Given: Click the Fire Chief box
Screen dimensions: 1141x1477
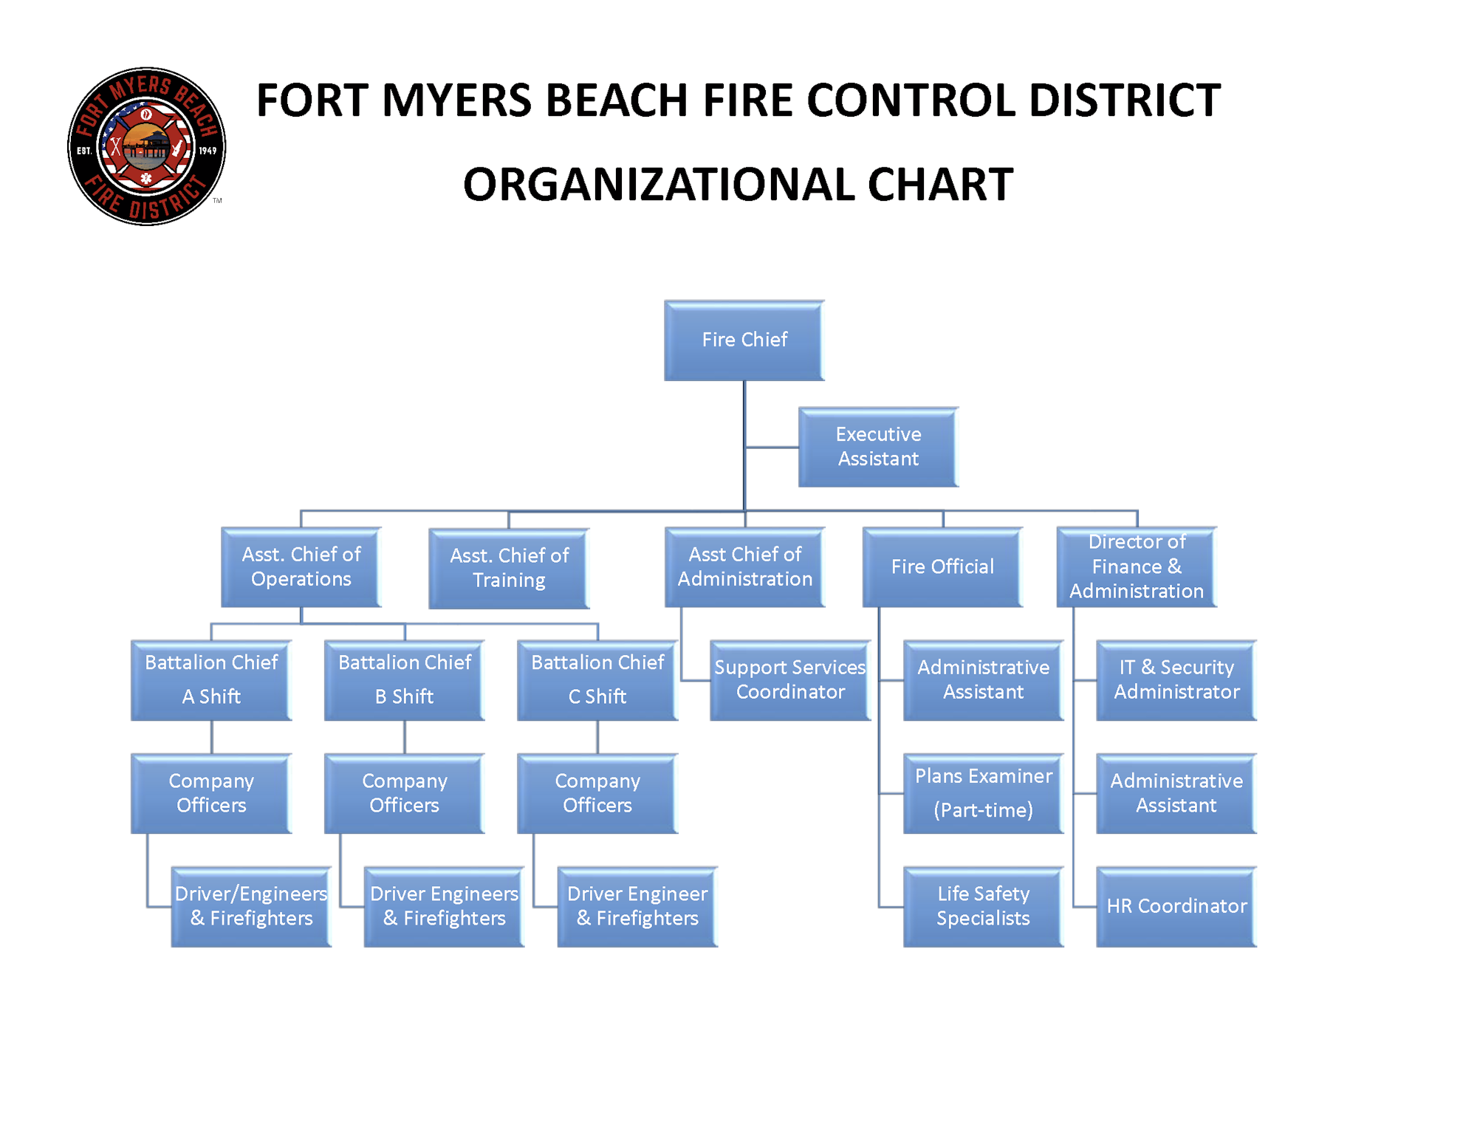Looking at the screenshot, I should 744,340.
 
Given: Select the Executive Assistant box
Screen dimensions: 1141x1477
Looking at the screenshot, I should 878,447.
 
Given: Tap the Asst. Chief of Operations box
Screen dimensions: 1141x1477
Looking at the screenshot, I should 301,567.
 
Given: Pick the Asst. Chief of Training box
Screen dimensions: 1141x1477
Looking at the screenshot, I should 509,568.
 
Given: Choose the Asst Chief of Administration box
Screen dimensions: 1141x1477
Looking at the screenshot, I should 744,567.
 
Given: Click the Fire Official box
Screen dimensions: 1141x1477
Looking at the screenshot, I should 942,567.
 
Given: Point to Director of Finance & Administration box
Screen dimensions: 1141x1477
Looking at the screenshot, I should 1136,567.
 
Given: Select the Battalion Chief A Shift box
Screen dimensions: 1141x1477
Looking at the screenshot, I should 211,680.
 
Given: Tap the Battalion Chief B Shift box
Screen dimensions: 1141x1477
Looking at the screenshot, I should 404,680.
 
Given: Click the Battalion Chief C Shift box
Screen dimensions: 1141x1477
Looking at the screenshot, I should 597,680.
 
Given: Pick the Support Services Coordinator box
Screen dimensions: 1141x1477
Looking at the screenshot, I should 790,680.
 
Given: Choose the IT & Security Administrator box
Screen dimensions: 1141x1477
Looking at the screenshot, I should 1176,680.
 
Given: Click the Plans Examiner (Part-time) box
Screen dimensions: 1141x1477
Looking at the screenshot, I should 983,794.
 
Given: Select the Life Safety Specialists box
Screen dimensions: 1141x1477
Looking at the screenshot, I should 983,907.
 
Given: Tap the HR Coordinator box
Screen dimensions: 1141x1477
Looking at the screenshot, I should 1176,907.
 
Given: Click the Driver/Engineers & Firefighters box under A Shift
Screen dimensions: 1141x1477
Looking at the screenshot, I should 251,907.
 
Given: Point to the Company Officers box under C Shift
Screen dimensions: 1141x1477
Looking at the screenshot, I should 597,794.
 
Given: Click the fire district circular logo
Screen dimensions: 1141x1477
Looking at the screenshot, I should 146,146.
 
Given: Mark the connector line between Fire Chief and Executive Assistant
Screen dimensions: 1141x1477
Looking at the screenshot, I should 772,448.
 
